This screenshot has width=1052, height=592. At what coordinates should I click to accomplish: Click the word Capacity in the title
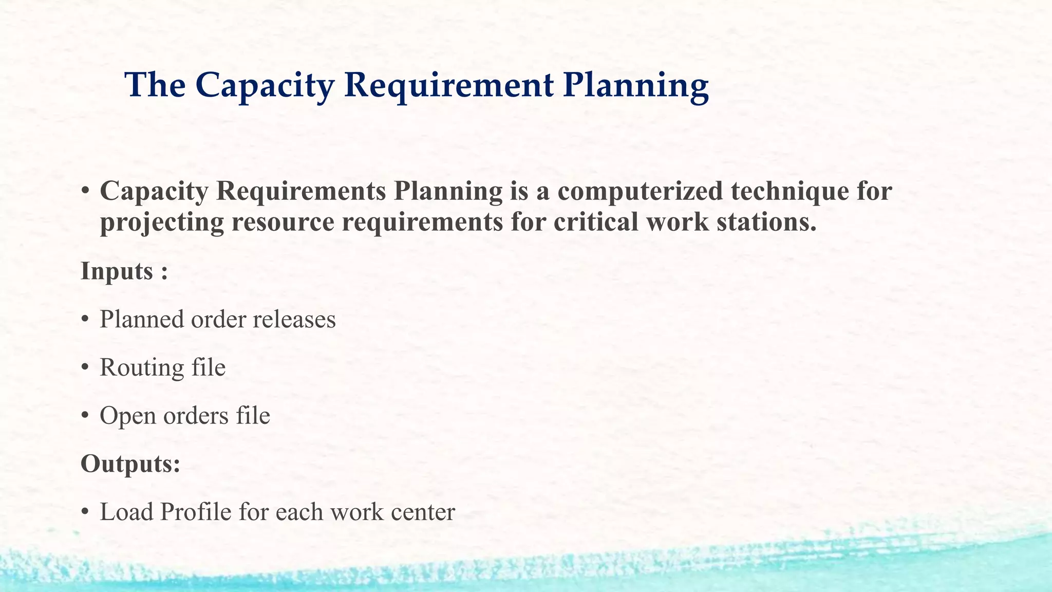tap(265, 85)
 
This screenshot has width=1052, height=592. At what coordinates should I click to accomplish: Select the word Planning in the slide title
tap(636, 85)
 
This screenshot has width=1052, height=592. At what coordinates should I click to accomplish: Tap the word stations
tap(765, 223)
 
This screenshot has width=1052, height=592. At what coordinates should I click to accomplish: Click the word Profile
tap(195, 512)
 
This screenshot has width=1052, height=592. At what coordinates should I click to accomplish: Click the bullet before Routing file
tap(85, 368)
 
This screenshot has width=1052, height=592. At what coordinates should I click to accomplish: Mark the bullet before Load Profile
tap(85, 512)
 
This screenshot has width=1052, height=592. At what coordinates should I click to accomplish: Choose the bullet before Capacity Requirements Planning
tap(85, 192)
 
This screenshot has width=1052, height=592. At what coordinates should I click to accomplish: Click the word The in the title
tap(155, 85)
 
